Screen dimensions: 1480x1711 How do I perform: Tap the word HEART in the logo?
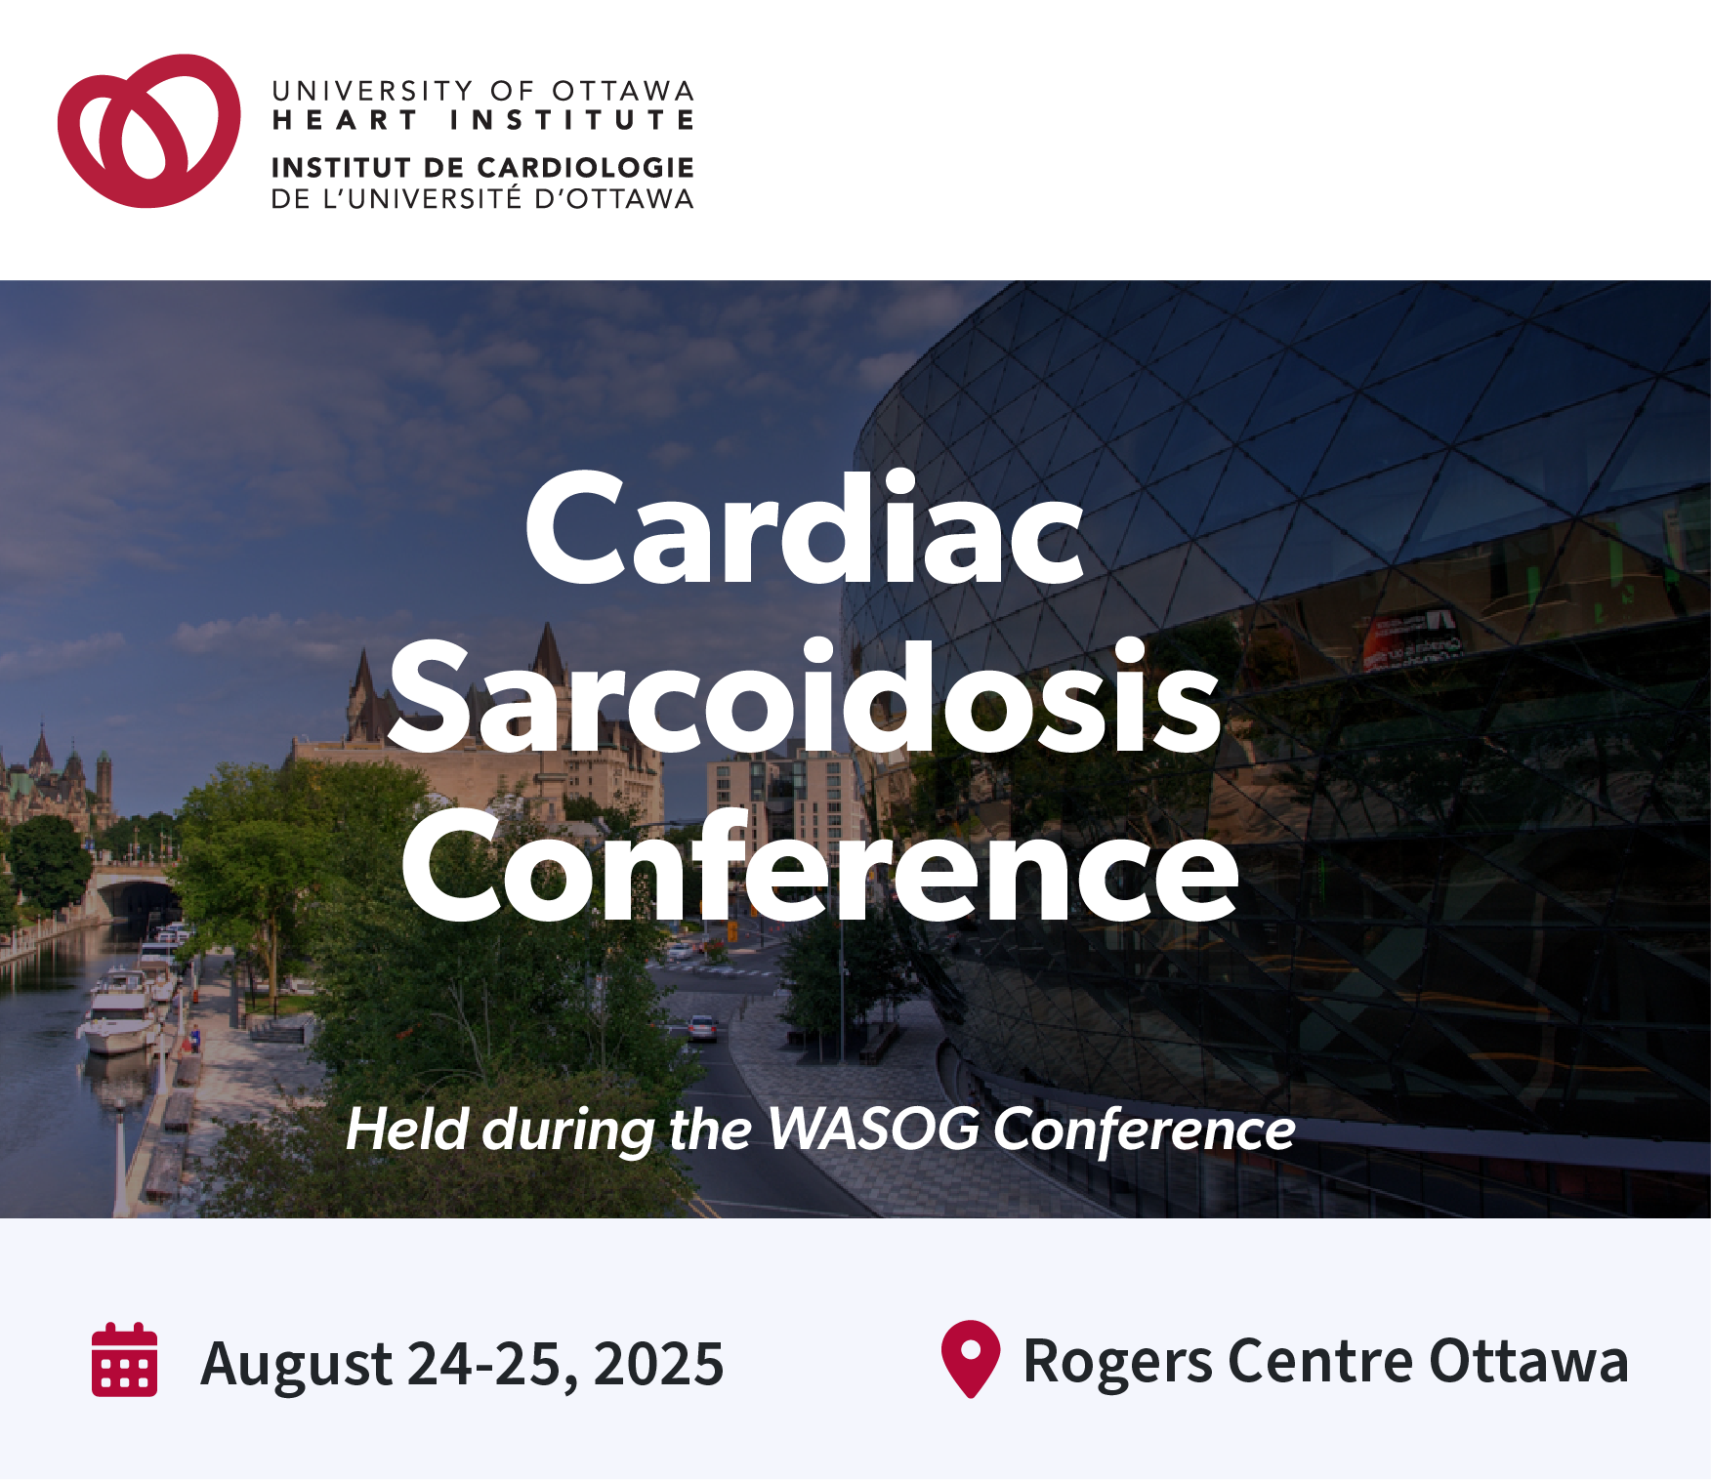pyautogui.click(x=345, y=121)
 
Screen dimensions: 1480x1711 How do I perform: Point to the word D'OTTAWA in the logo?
pyautogui.click(x=614, y=199)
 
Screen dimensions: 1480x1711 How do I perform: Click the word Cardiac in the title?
pyautogui.click(x=805, y=528)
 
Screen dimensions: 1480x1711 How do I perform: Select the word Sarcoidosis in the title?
pyautogui.click(x=805, y=698)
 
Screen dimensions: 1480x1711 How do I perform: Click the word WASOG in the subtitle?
pyautogui.click(x=873, y=1129)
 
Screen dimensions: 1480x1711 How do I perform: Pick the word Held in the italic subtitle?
pyautogui.click(x=407, y=1130)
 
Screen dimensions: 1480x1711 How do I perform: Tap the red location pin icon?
pyautogui.click(x=970, y=1358)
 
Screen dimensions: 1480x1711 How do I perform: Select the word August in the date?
pyautogui.click(x=296, y=1365)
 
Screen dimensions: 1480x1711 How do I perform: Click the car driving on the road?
pyautogui.click(x=702, y=1027)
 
